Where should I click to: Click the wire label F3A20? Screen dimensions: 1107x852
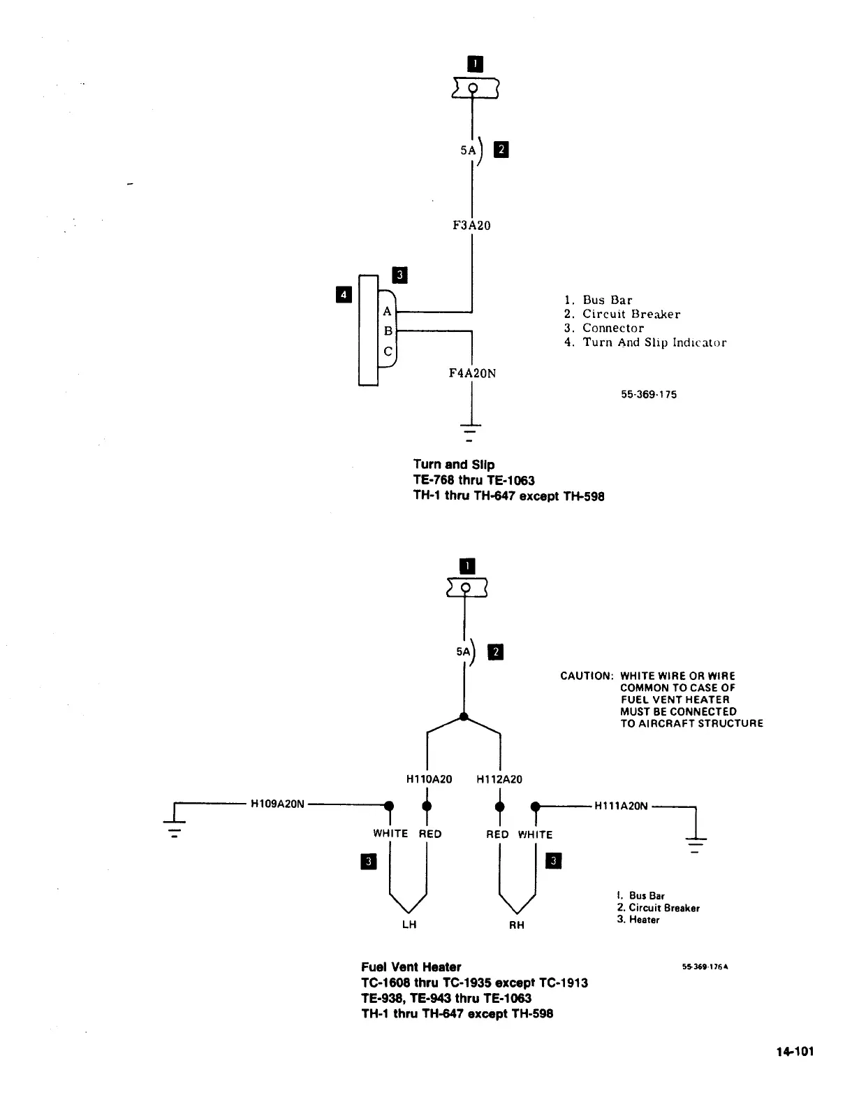click(x=472, y=226)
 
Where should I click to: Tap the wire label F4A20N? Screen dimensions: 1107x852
click(x=472, y=373)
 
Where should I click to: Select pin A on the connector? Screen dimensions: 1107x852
click(x=388, y=312)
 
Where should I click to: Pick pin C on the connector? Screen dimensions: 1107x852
click(x=388, y=352)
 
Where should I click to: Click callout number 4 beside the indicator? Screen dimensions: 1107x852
click(x=343, y=295)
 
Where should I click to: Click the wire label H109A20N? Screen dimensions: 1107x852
click(x=277, y=804)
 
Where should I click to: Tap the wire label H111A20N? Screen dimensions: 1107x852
click(x=621, y=806)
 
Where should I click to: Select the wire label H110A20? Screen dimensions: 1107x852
click(x=429, y=779)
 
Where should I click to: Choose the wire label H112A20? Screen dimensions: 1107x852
click(x=499, y=779)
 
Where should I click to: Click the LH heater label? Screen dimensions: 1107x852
click(x=409, y=925)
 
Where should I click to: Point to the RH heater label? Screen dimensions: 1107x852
click(x=516, y=925)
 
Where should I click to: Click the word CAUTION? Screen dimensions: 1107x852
click(x=587, y=676)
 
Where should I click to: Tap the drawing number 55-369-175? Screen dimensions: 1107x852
click(x=649, y=394)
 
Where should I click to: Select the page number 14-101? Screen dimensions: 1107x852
click(x=794, y=1052)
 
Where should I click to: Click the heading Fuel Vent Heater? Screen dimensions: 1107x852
click(x=411, y=967)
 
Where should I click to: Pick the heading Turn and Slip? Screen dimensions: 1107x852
click(x=453, y=464)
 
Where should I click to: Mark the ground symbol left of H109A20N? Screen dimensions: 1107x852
click(x=174, y=828)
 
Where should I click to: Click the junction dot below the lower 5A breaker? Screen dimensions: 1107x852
click(x=464, y=716)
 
